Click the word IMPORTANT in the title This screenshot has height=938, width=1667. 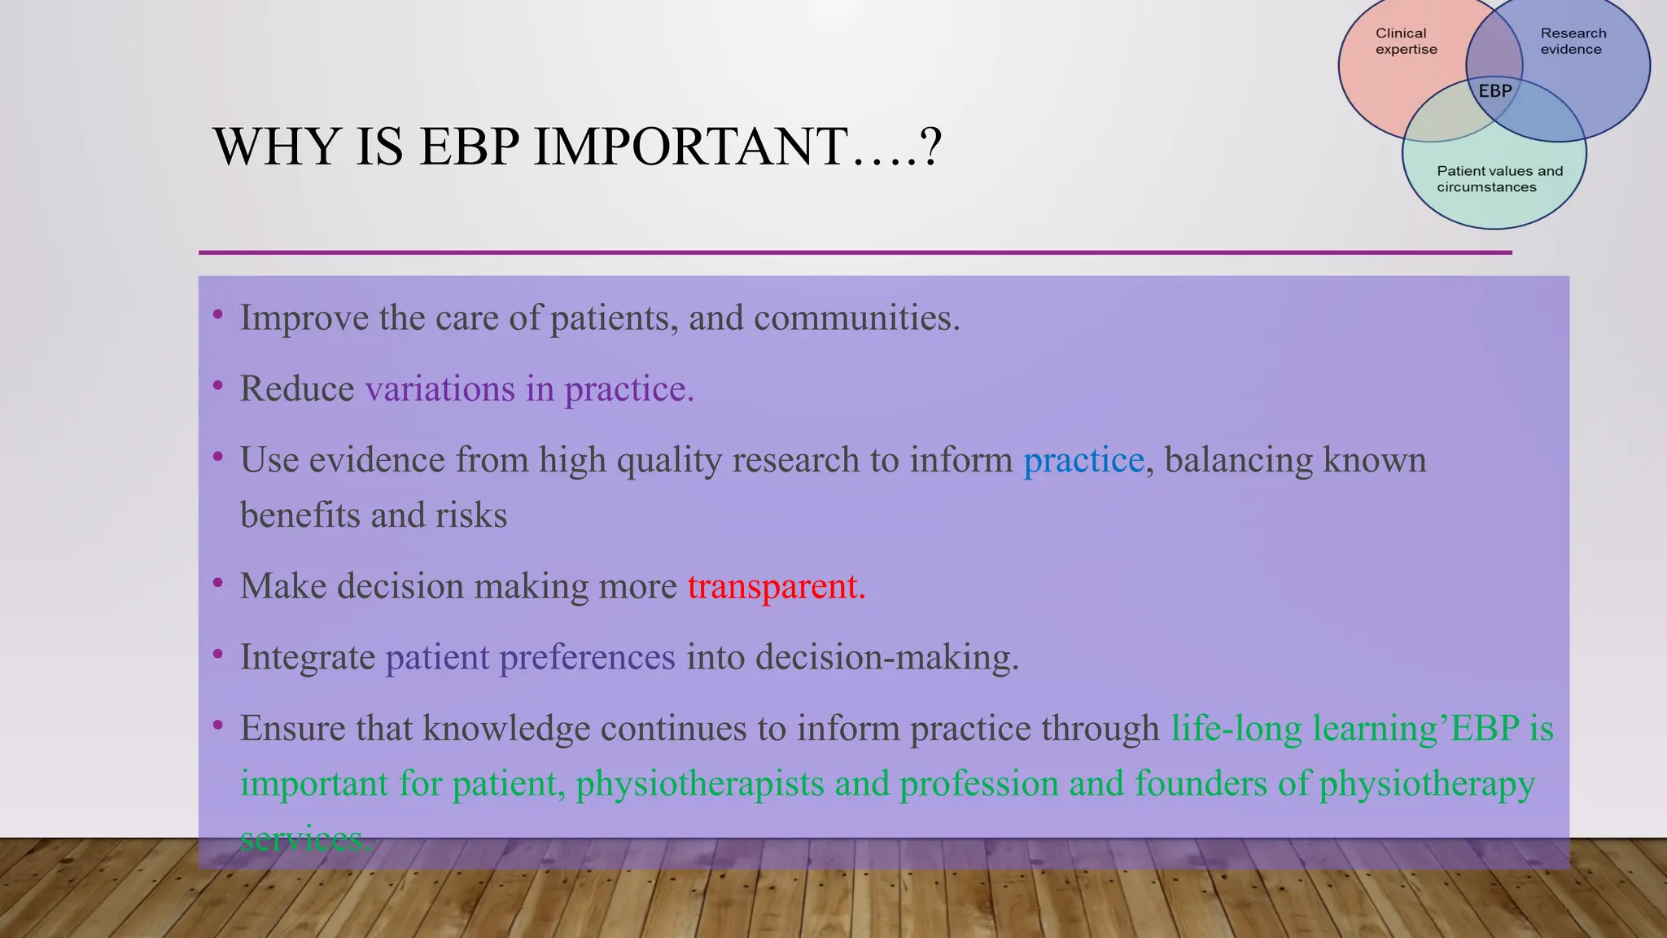click(x=690, y=147)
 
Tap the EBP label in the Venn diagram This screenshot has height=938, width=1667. click(x=1494, y=91)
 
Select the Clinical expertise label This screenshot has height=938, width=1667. click(x=1406, y=42)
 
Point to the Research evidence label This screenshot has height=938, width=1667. click(x=1573, y=42)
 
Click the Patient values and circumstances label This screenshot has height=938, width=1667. click(x=1499, y=179)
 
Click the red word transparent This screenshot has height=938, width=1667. click(x=776, y=586)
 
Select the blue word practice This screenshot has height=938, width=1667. click(x=1083, y=461)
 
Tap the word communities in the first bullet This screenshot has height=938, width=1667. click(x=856, y=318)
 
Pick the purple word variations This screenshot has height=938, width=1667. click(x=440, y=389)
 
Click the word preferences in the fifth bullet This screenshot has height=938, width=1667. click(x=587, y=657)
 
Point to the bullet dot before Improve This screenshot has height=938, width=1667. click(x=217, y=313)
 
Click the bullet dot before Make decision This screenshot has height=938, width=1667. click(x=217, y=582)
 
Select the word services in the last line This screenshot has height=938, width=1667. click(x=304, y=839)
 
